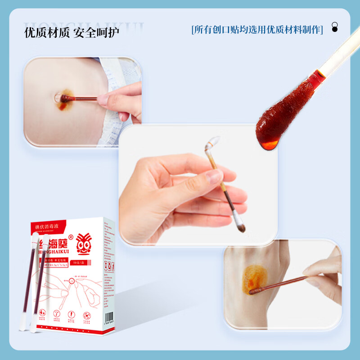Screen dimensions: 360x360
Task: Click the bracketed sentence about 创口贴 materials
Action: coord(257,30)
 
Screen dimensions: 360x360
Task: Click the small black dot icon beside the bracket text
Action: coord(334,27)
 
